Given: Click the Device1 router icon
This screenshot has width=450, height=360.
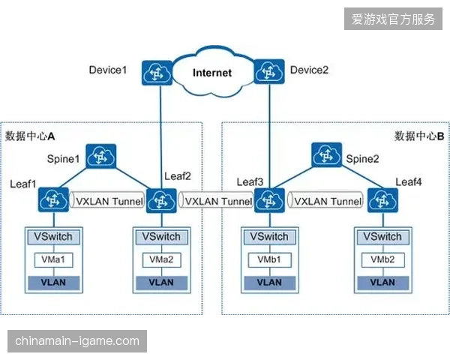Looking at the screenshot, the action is pos(157,73).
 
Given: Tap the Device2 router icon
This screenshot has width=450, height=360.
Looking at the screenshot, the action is pos(269,71).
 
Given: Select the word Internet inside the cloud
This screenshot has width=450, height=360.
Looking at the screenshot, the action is pos(212,73).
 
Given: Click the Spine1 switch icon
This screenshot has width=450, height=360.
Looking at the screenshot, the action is pos(101,156).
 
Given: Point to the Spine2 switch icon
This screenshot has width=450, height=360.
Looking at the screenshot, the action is pos(326,154).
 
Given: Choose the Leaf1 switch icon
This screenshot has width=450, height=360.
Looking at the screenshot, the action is pos(53,199).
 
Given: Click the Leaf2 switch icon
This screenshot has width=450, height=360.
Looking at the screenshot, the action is pos(161,201).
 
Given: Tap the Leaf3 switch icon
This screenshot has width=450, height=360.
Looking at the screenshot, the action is pos(269,200).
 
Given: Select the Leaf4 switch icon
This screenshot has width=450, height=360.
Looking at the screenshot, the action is pos(382,200).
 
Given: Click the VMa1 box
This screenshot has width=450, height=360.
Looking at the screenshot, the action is pos(54,259).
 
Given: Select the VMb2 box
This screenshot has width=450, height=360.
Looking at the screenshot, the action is pos(382,259).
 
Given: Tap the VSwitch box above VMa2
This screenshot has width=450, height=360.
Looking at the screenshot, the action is pos(161,237).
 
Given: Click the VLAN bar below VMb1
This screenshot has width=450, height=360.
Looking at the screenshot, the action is pos(269,283).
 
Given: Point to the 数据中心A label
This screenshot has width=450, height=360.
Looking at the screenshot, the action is pos(30,136).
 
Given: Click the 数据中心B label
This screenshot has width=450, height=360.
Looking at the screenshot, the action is pos(419,136).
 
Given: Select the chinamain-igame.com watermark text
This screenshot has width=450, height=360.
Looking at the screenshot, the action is pos(77,341).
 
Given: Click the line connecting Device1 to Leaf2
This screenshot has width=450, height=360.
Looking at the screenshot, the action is pos(161,137).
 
